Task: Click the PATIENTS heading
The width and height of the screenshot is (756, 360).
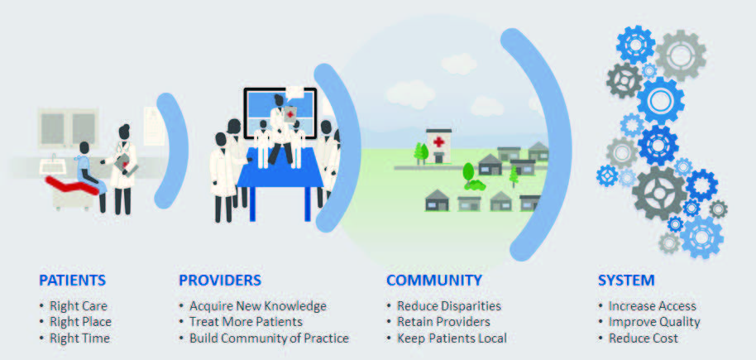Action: [x=72, y=281]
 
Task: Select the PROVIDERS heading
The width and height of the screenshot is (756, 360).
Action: [x=220, y=281]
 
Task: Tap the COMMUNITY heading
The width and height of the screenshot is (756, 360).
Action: [x=434, y=281]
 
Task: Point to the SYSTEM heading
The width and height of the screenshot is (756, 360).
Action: [x=626, y=281]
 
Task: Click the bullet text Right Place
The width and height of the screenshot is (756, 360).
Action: [x=80, y=322]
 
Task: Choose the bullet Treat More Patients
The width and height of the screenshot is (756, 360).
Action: [x=246, y=322]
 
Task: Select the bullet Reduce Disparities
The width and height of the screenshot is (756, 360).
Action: [x=449, y=306]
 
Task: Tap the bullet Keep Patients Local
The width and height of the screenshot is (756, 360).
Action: [x=452, y=338]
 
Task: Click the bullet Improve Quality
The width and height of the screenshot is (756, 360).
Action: [x=654, y=322]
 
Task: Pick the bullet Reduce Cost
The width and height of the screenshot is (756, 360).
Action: [x=644, y=338]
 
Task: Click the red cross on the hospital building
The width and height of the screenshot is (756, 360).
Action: [x=438, y=142]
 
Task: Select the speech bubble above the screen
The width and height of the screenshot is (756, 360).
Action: [x=294, y=92]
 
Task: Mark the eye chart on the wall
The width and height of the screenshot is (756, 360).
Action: [x=154, y=126]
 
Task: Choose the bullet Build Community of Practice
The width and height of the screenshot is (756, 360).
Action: [x=269, y=338]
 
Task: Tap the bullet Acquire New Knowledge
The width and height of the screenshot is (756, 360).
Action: [x=258, y=306]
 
